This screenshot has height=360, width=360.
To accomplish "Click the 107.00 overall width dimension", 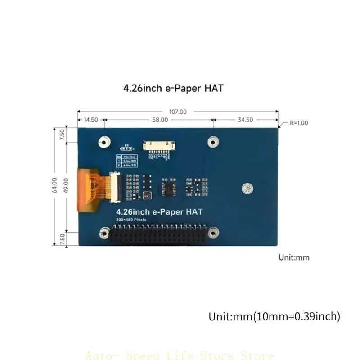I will (x=178, y=112).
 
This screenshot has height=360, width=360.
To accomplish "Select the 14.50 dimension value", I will (x=91, y=120).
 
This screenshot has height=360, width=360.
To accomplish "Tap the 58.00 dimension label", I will (x=160, y=120).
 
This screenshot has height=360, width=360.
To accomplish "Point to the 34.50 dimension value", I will (x=245, y=120).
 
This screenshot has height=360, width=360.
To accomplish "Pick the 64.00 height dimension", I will (x=54, y=185).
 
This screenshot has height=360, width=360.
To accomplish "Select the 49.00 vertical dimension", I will (x=67, y=185).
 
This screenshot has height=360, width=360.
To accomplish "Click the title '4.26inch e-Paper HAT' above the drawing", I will (x=173, y=89).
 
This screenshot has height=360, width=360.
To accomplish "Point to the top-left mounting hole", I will (x=103, y=142).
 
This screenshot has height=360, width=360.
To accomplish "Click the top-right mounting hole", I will (x=213, y=142).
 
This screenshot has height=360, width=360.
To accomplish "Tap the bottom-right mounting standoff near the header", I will (x=213, y=233).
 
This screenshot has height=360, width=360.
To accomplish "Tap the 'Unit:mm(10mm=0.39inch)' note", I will (x=274, y=316).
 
